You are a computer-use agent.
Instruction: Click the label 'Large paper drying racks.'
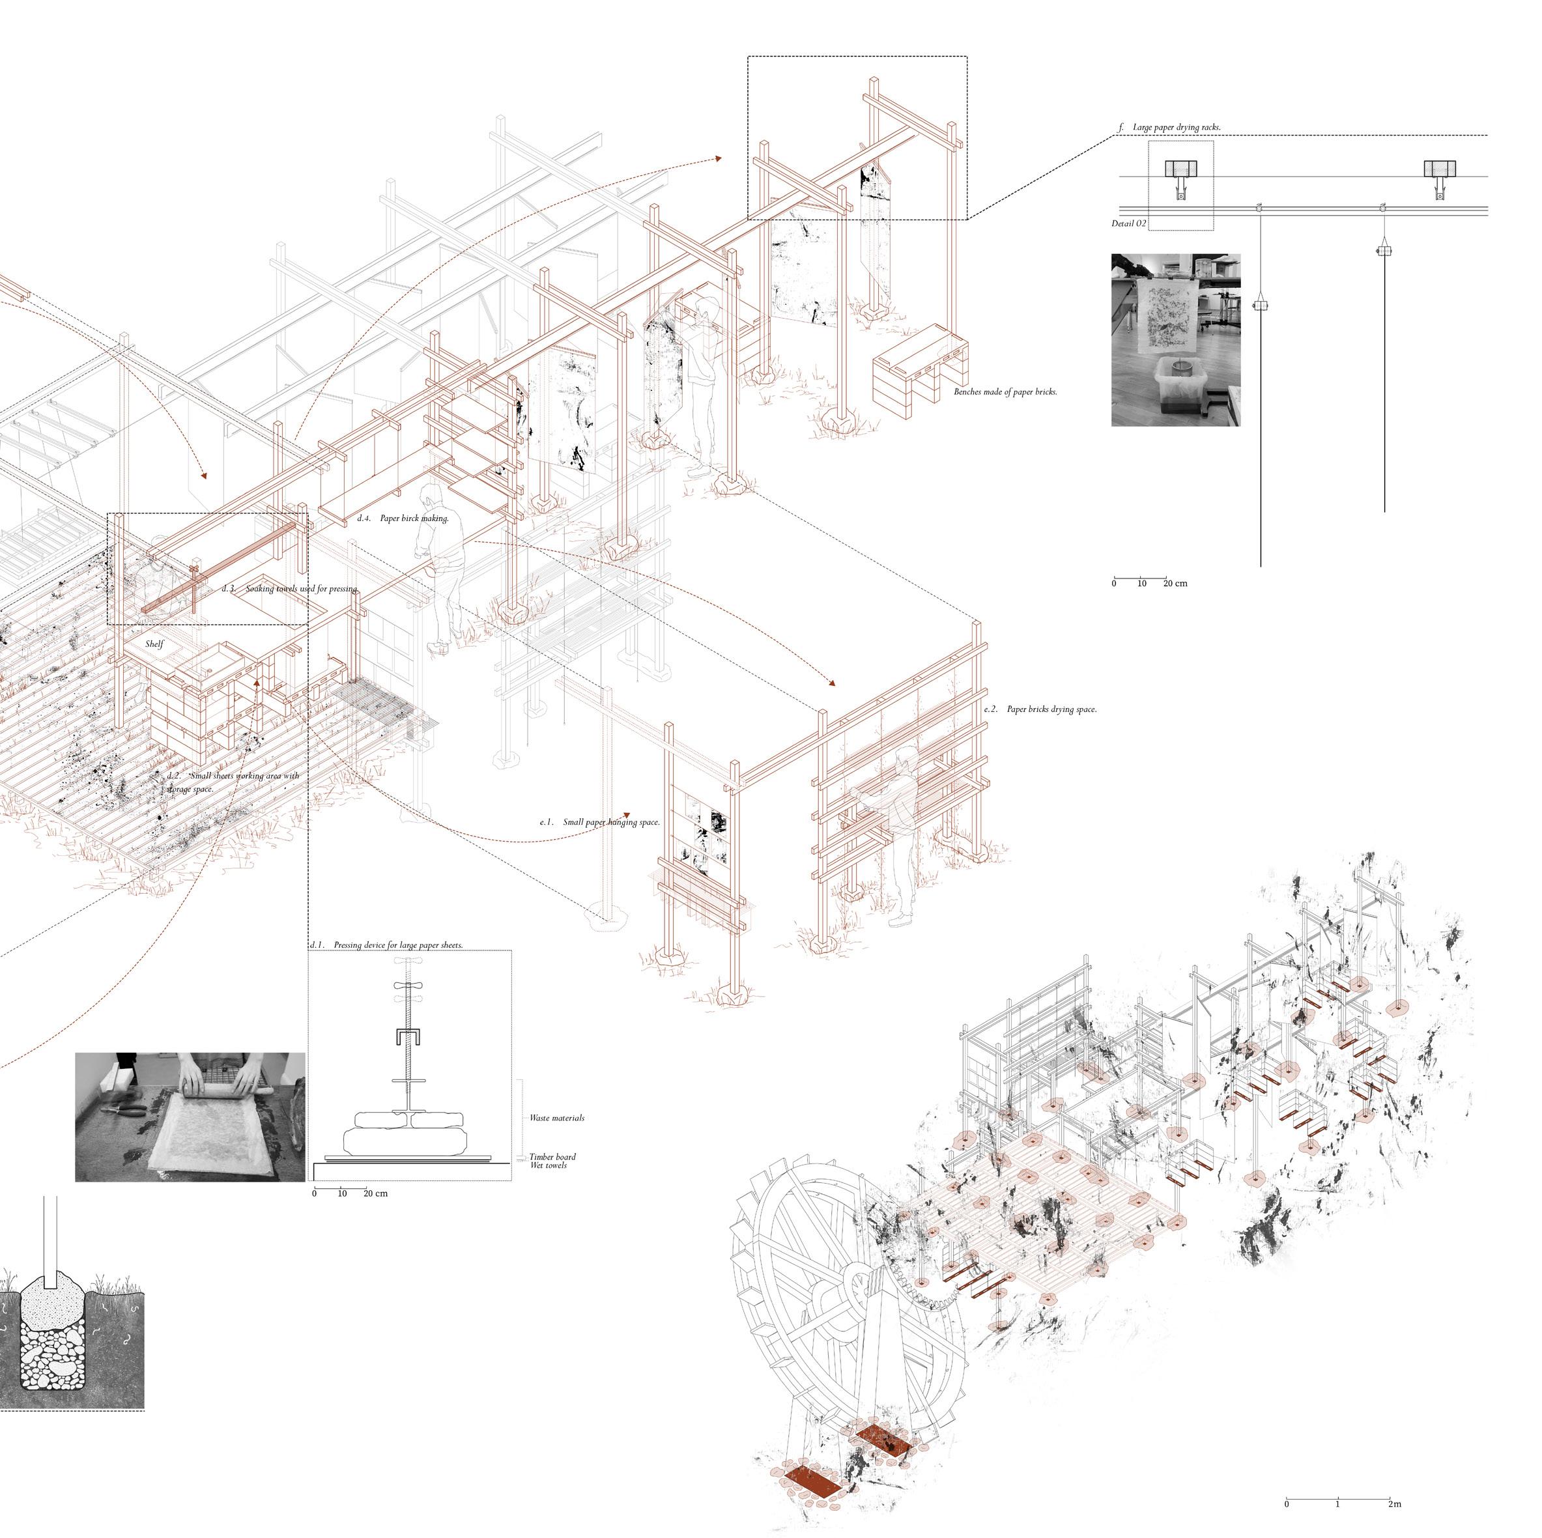click(1176, 128)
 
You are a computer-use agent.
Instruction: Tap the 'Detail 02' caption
click(1128, 223)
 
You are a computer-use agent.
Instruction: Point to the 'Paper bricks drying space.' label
click(1051, 709)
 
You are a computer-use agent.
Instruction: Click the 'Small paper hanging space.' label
click(610, 822)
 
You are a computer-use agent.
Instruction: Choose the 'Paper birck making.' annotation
click(414, 518)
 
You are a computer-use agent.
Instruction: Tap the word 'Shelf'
click(154, 644)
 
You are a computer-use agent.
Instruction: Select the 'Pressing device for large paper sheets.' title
click(397, 945)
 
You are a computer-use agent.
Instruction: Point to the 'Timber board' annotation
click(552, 1156)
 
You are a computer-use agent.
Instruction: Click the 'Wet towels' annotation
click(549, 1165)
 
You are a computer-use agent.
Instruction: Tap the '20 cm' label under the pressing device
click(376, 1193)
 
